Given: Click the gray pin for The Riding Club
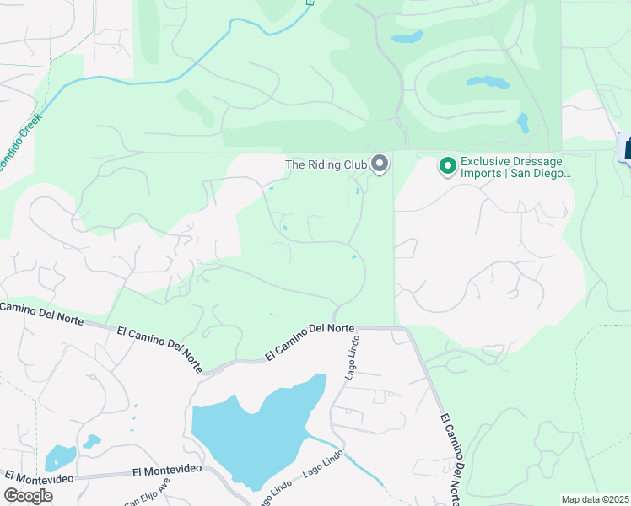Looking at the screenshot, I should coord(380,164).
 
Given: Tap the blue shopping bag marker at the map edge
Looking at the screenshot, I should coord(626,147).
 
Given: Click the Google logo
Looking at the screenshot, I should coord(28,495).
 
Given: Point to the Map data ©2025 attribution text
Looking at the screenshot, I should coord(594,499).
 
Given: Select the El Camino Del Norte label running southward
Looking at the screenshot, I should coord(450,455).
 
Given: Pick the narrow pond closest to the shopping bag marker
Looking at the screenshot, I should coord(523,123).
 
